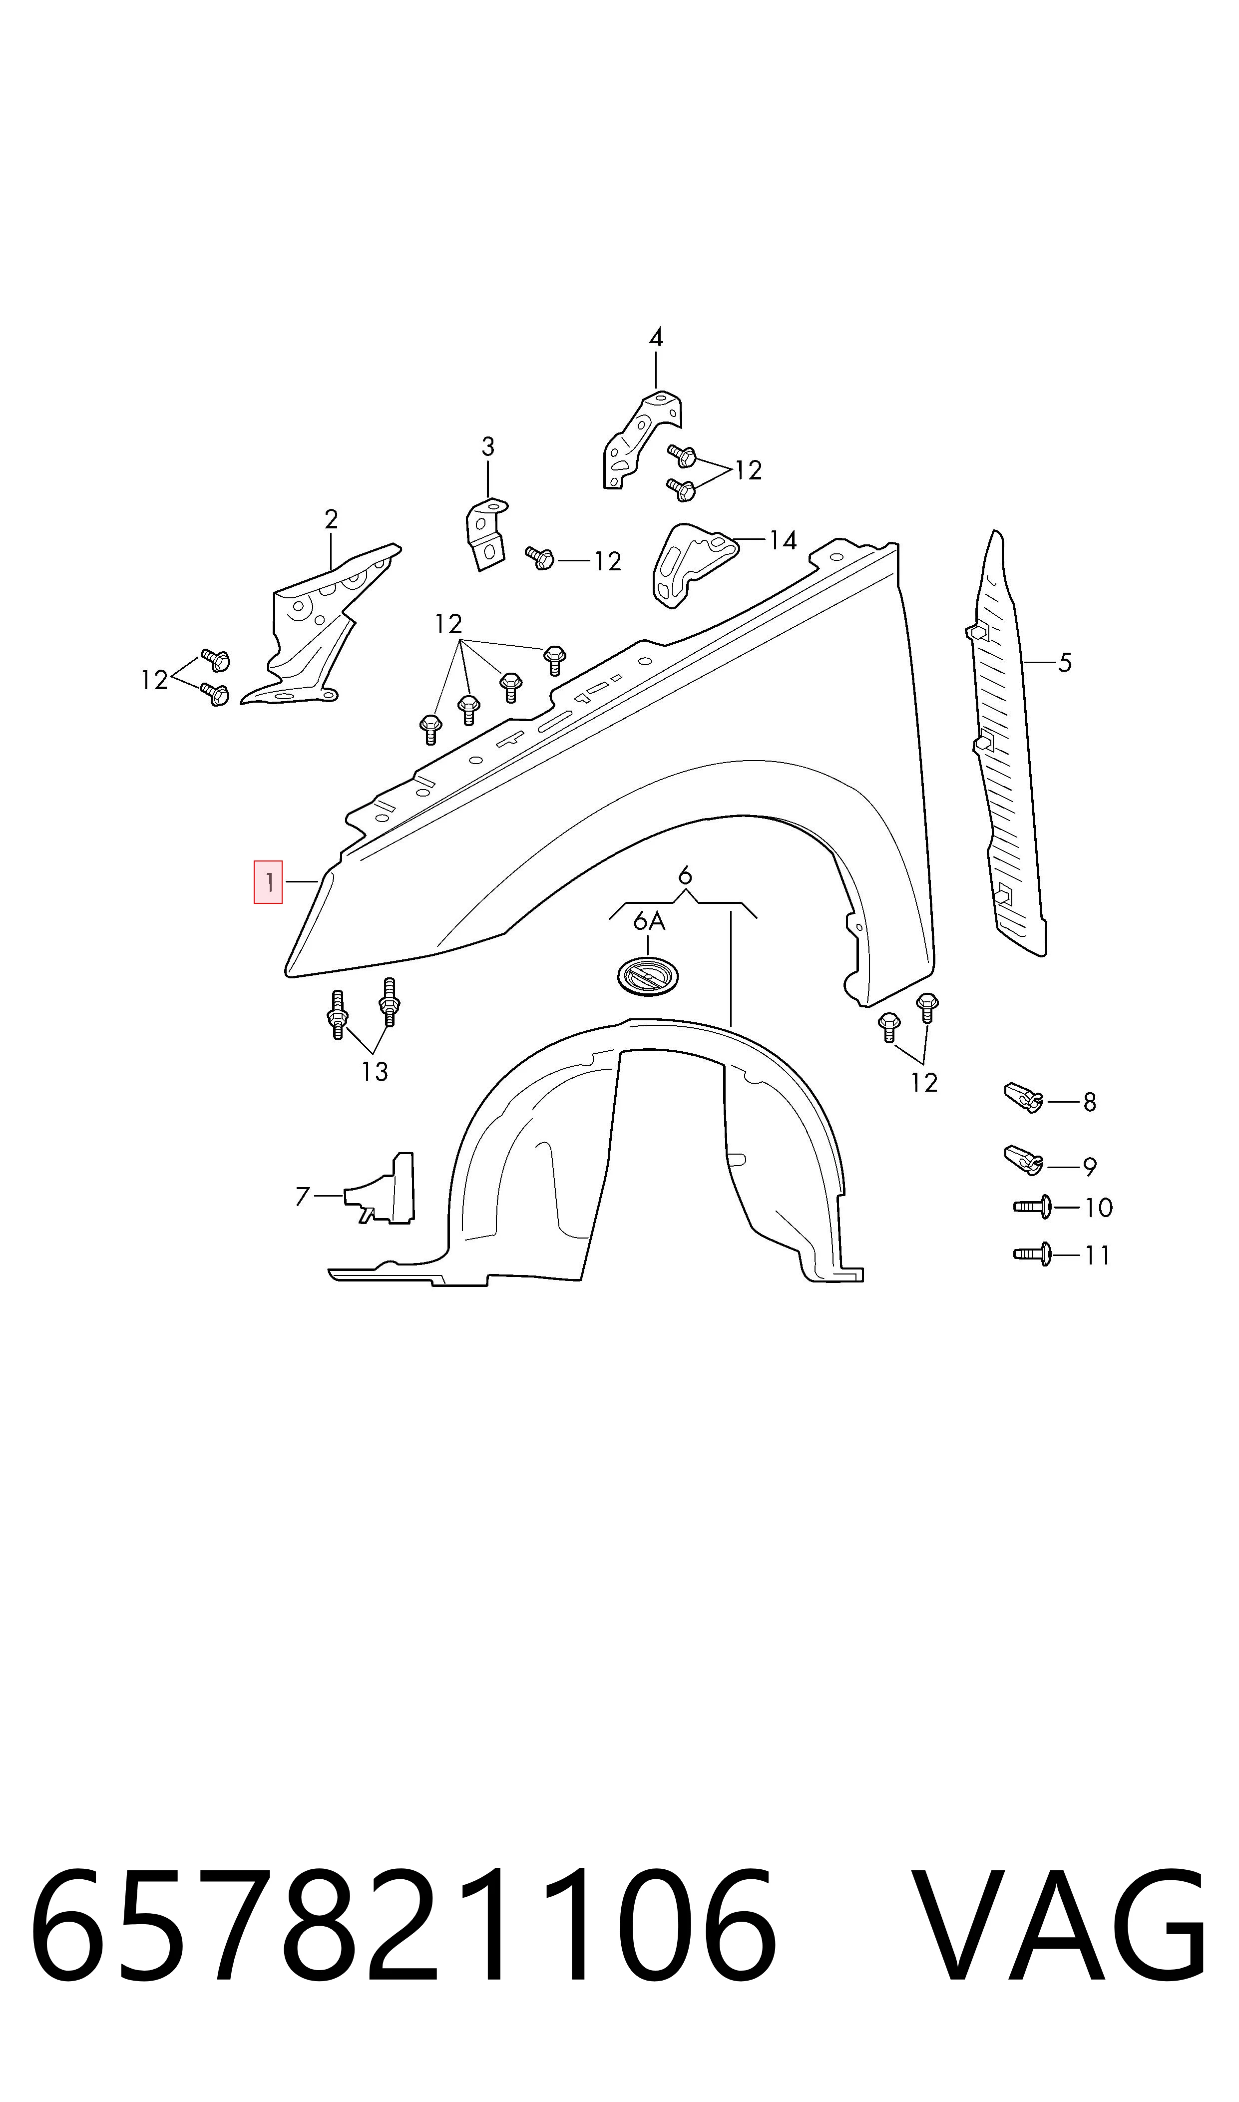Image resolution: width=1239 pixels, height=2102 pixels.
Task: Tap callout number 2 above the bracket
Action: tap(332, 519)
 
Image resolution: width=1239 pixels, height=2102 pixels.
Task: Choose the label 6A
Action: tap(650, 921)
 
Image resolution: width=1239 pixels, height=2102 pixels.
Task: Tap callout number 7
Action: tap(302, 1197)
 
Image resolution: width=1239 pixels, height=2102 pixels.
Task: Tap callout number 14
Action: tap(783, 540)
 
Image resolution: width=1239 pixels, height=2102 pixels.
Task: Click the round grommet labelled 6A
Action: tap(648, 976)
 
